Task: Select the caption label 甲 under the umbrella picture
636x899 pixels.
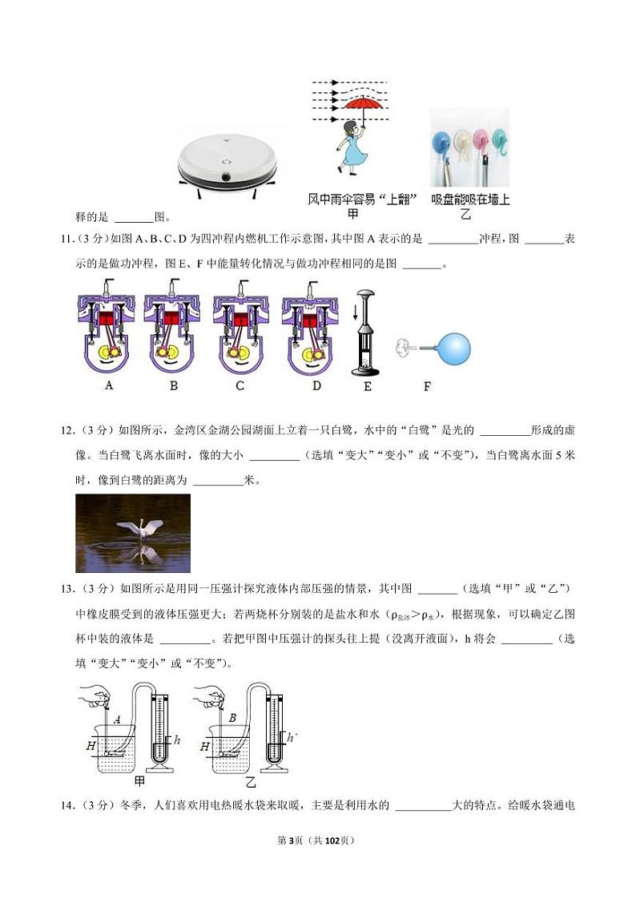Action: tap(352, 214)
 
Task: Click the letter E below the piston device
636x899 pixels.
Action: tap(368, 386)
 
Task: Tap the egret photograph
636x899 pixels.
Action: tap(133, 533)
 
